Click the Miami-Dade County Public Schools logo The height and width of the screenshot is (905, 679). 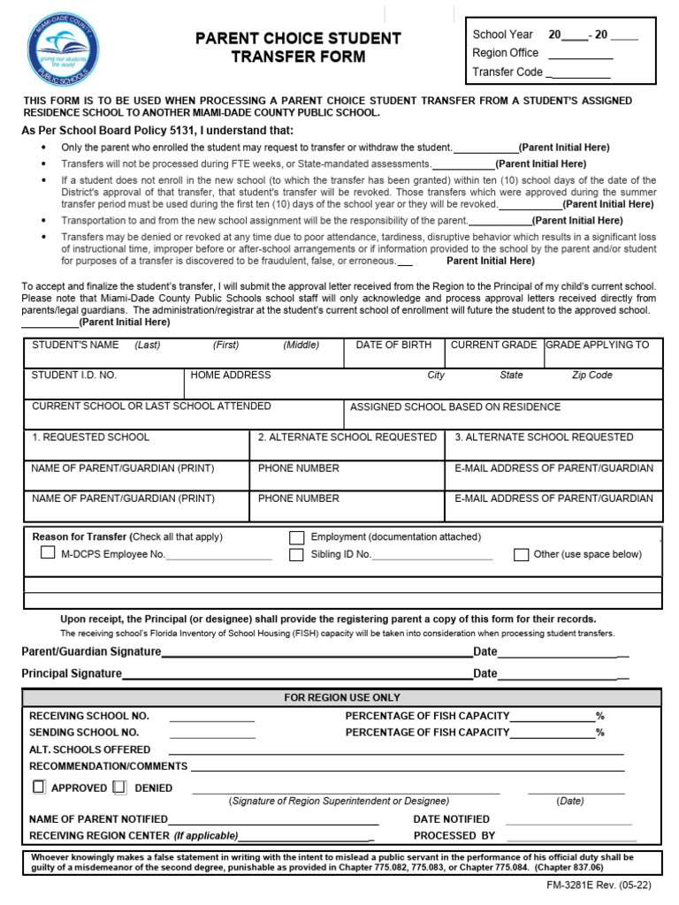click(65, 50)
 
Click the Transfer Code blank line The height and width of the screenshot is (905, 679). click(579, 73)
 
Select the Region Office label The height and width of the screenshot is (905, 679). click(506, 53)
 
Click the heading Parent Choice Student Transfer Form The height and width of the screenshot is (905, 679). click(298, 48)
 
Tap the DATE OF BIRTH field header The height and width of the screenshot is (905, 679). click(393, 345)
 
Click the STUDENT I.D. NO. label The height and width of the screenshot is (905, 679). click(74, 375)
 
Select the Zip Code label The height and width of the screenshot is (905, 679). click(591, 375)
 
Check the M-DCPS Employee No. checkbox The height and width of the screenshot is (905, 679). click(48, 553)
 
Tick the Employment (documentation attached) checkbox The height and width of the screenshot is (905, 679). click(297, 537)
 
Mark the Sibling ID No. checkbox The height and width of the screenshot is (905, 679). click(297, 555)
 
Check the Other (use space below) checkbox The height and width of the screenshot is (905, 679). click(522, 555)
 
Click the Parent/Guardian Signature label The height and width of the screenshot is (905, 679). click(91, 651)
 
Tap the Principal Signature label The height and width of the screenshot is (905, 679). click(72, 673)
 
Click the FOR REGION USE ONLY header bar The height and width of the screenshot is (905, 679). click(341, 697)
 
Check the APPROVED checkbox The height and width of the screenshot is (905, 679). click(39, 787)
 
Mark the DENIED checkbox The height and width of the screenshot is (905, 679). click(119, 787)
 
